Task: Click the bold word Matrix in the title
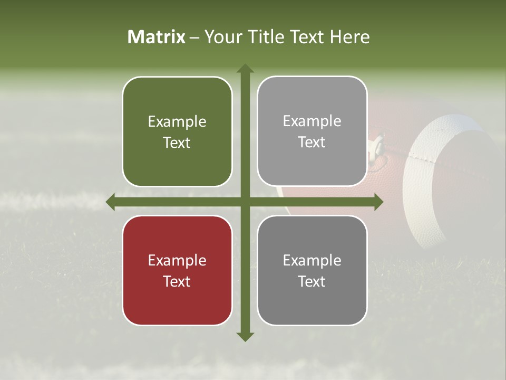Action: click(157, 37)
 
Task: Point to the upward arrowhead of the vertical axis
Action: click(245, 69)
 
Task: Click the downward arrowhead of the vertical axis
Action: click(245, 336)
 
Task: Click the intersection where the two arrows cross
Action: click(245, 202)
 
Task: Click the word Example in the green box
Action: click(177, 122)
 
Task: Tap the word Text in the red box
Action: click(177, 281)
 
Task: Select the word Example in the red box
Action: click(177, 260)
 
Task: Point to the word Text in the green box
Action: click(177, 143)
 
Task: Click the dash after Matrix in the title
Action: click(194, 37)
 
